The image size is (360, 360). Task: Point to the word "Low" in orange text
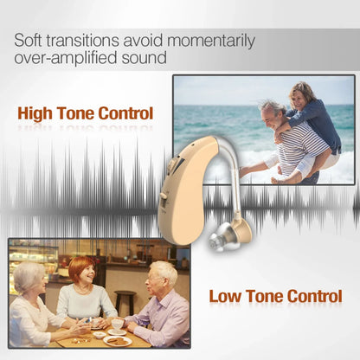coord(227,296)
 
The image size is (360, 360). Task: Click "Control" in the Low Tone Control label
coord(309,296)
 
